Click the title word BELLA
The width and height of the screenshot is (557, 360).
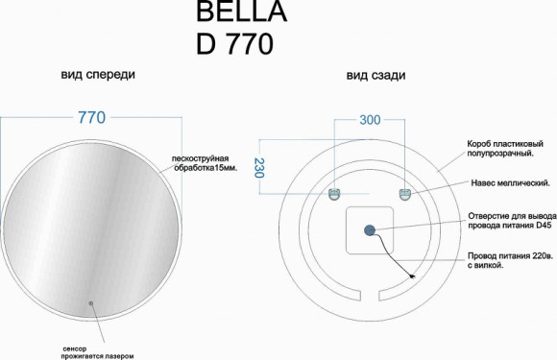228,12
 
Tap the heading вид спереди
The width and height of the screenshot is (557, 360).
98,75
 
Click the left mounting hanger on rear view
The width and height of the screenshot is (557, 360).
334,193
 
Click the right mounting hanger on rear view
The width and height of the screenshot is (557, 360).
405,193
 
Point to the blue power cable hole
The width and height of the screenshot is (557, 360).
369,229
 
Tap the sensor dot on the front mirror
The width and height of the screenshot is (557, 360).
91,304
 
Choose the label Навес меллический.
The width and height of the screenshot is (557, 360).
509,181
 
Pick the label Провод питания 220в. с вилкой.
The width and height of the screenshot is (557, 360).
509,261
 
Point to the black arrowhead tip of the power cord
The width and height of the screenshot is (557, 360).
414,278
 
